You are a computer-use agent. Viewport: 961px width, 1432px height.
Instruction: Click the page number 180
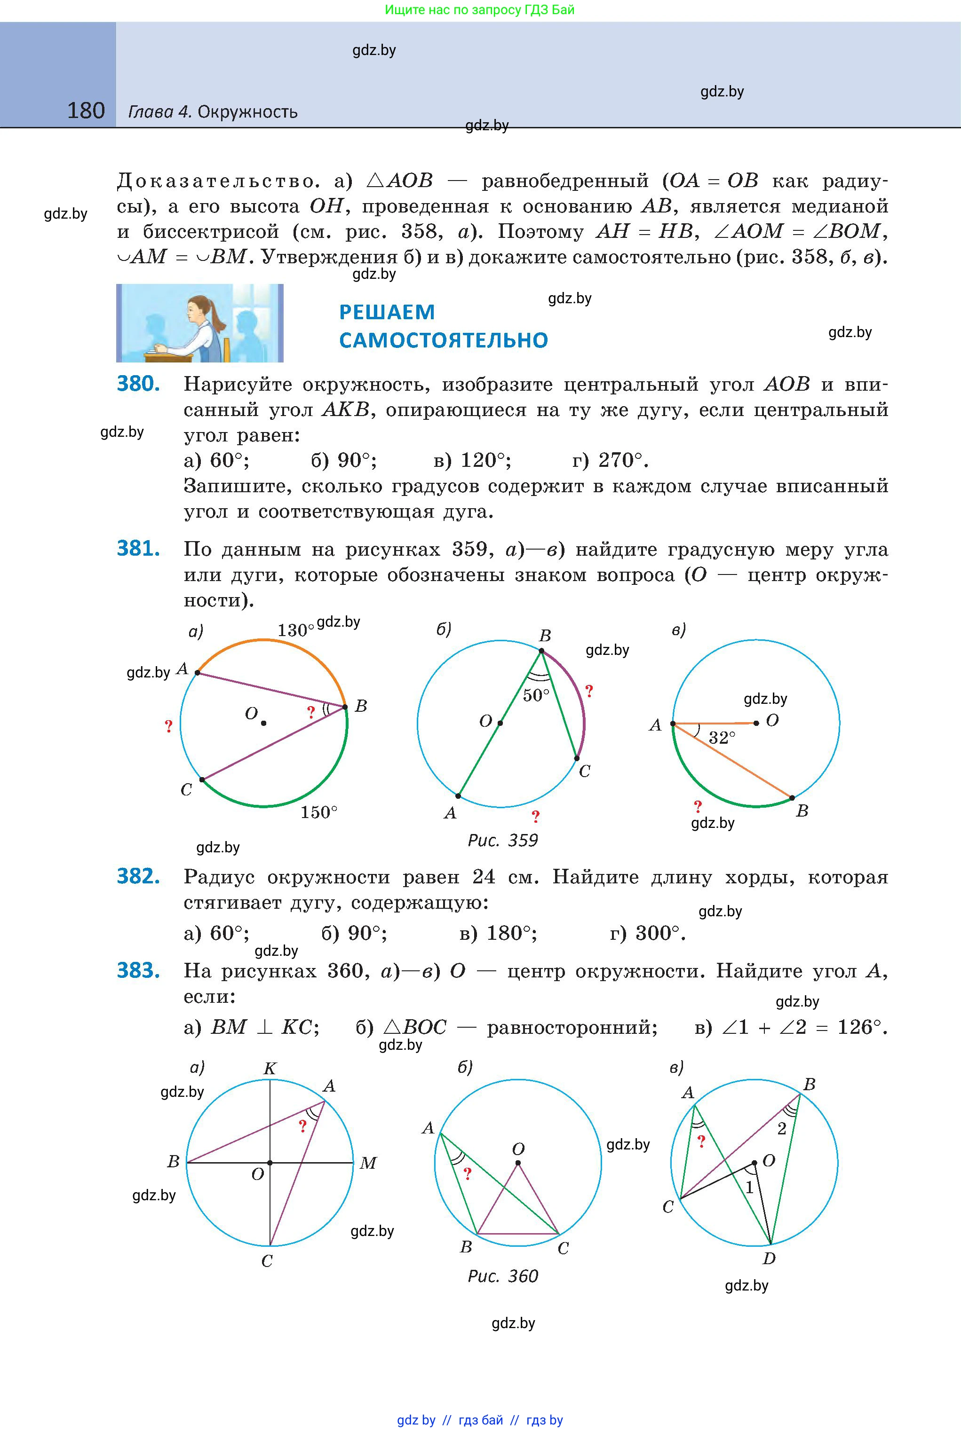[86, 111]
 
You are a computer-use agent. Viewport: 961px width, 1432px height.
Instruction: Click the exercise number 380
[138, 384]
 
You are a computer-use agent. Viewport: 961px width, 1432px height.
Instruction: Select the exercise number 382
[138, 876]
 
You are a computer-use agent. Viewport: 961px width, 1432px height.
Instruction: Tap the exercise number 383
[138, 971]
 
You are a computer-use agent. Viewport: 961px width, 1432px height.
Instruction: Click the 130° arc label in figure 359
[295, 630]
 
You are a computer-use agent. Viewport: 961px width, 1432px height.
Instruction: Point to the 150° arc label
[319, 812]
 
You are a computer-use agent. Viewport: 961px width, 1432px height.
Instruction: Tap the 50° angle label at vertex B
[536, 695]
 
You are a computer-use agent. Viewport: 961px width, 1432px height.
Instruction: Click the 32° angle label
[722, 738]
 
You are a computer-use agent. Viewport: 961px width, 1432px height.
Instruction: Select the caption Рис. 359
[502, 840]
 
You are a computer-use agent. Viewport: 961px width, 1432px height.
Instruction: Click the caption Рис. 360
[502, 1276]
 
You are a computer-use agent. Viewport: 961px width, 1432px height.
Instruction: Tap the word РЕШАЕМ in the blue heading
[387, 312]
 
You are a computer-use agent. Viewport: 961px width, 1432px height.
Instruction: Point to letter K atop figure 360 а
[270, 1069]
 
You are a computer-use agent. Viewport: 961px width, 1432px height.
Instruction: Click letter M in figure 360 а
[368, 1163]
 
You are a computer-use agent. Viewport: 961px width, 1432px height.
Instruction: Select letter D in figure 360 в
[769, 1259]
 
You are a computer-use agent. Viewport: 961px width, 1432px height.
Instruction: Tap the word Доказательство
[218, 181]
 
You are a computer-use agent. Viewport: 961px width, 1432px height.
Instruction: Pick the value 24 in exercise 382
[484, 877]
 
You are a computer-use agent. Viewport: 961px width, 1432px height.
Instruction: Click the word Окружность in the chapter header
[247, 112]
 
